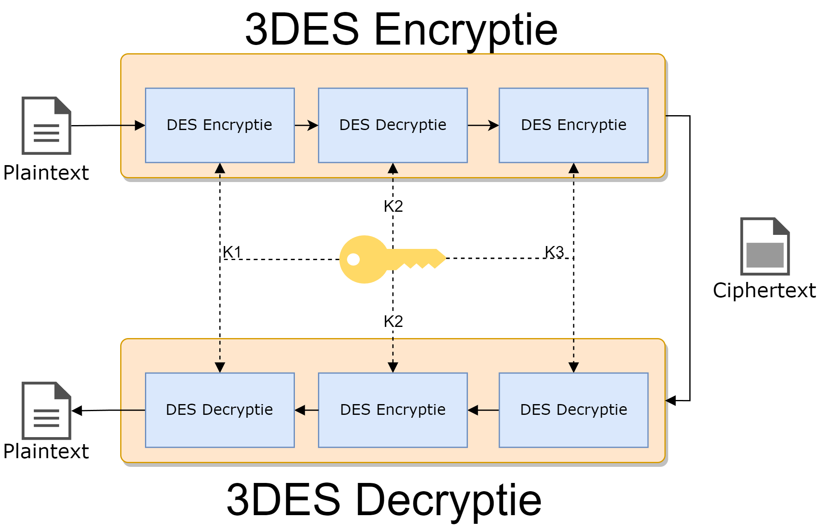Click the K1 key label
(x=232, y=252)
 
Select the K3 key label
(x=554, y=252)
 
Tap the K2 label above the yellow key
(x=393, y=206)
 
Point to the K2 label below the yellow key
(x=393, y=321)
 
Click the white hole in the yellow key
(x=354, y=259)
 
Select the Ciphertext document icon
(x=764, y=246)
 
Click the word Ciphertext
(x=764, y=290)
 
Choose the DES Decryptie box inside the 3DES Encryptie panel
(x=393, y=125)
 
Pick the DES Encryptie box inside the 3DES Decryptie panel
(x=393, y=410)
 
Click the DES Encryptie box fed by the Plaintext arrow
(x=220, y=125)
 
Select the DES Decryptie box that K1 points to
(x=220, y=410)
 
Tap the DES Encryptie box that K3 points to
(x=573, y=125)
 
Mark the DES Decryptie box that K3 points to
(x=573, y=410)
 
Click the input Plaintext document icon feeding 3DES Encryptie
(x=46, y=125)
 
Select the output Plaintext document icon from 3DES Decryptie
(x=46, y=410)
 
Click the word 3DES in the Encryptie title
(x=302, y=30)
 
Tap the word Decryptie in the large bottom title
(x=448, y=500)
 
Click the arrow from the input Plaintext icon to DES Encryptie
(x=107, y=125)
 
